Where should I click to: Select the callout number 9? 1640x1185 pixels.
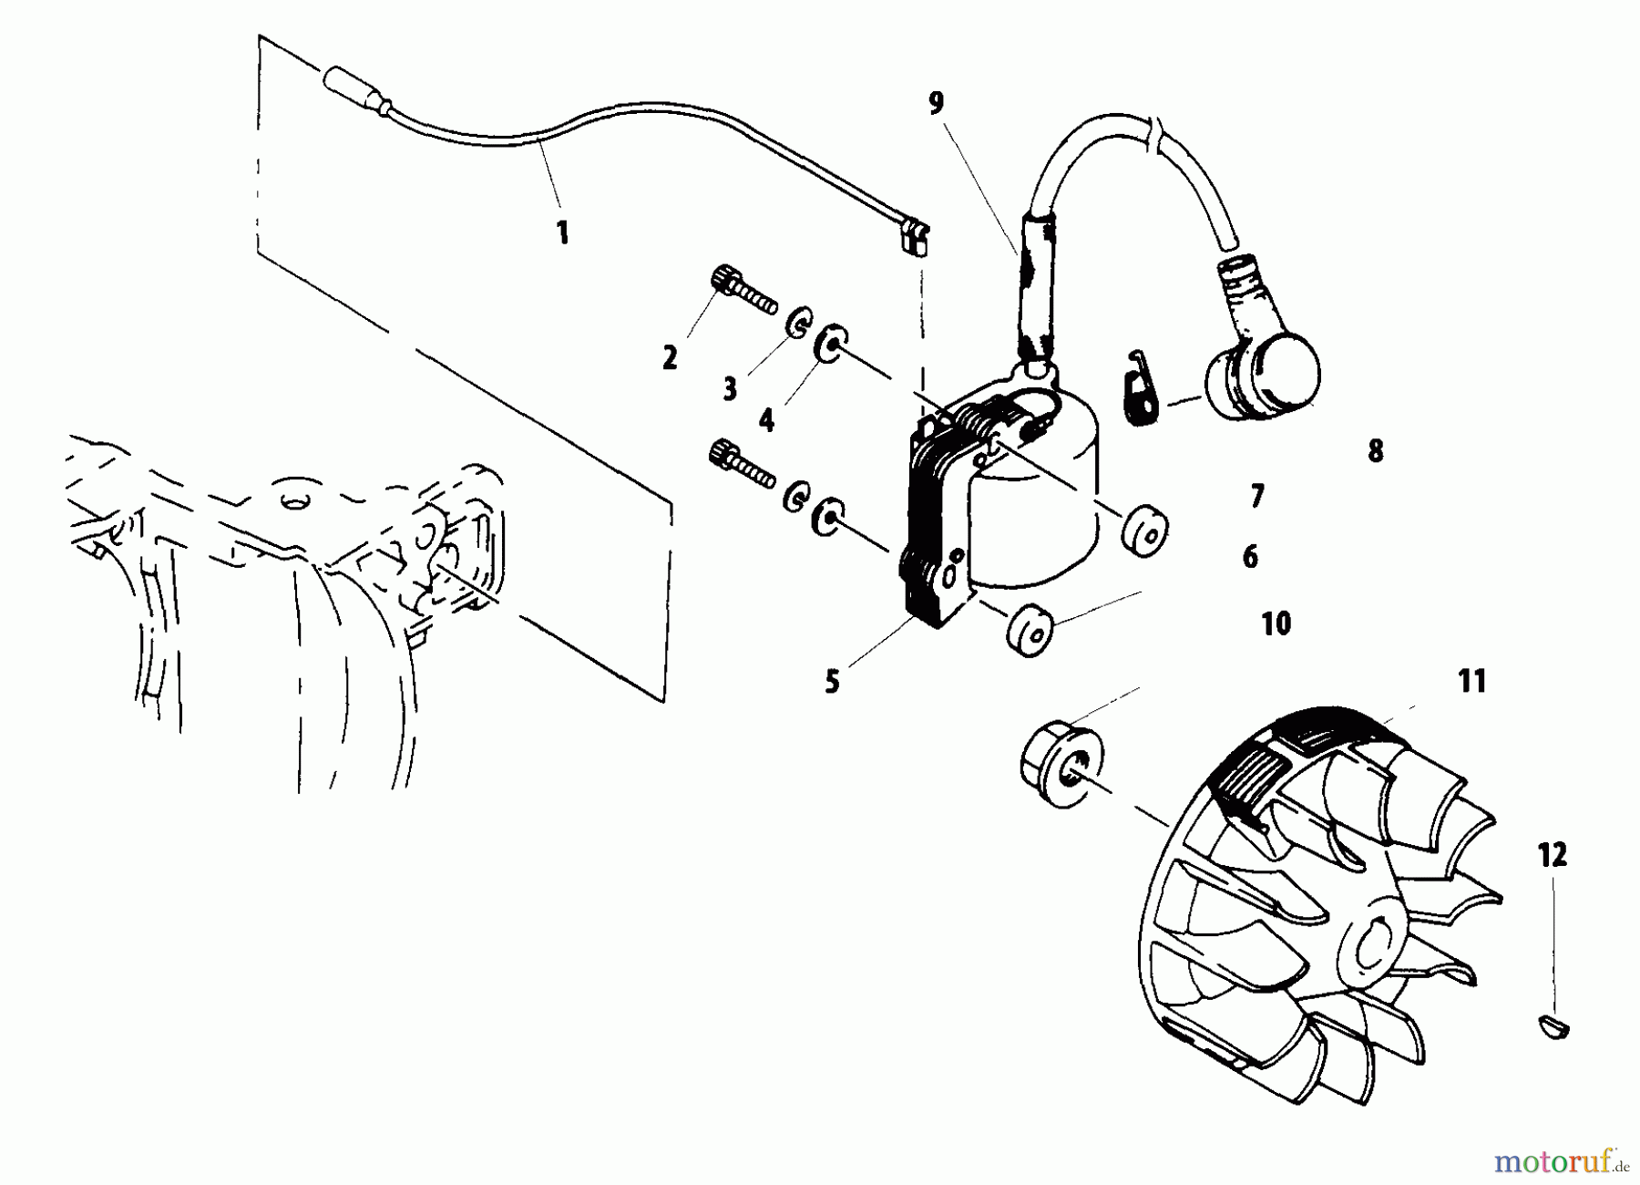(937, 103)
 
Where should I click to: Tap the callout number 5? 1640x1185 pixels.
(832, 681)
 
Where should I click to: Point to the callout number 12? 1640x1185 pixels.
(1553, 855)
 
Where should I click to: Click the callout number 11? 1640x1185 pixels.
(1471, 681)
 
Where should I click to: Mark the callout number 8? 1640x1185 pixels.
(1375, 450)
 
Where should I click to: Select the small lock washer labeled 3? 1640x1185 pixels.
(797, 325)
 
